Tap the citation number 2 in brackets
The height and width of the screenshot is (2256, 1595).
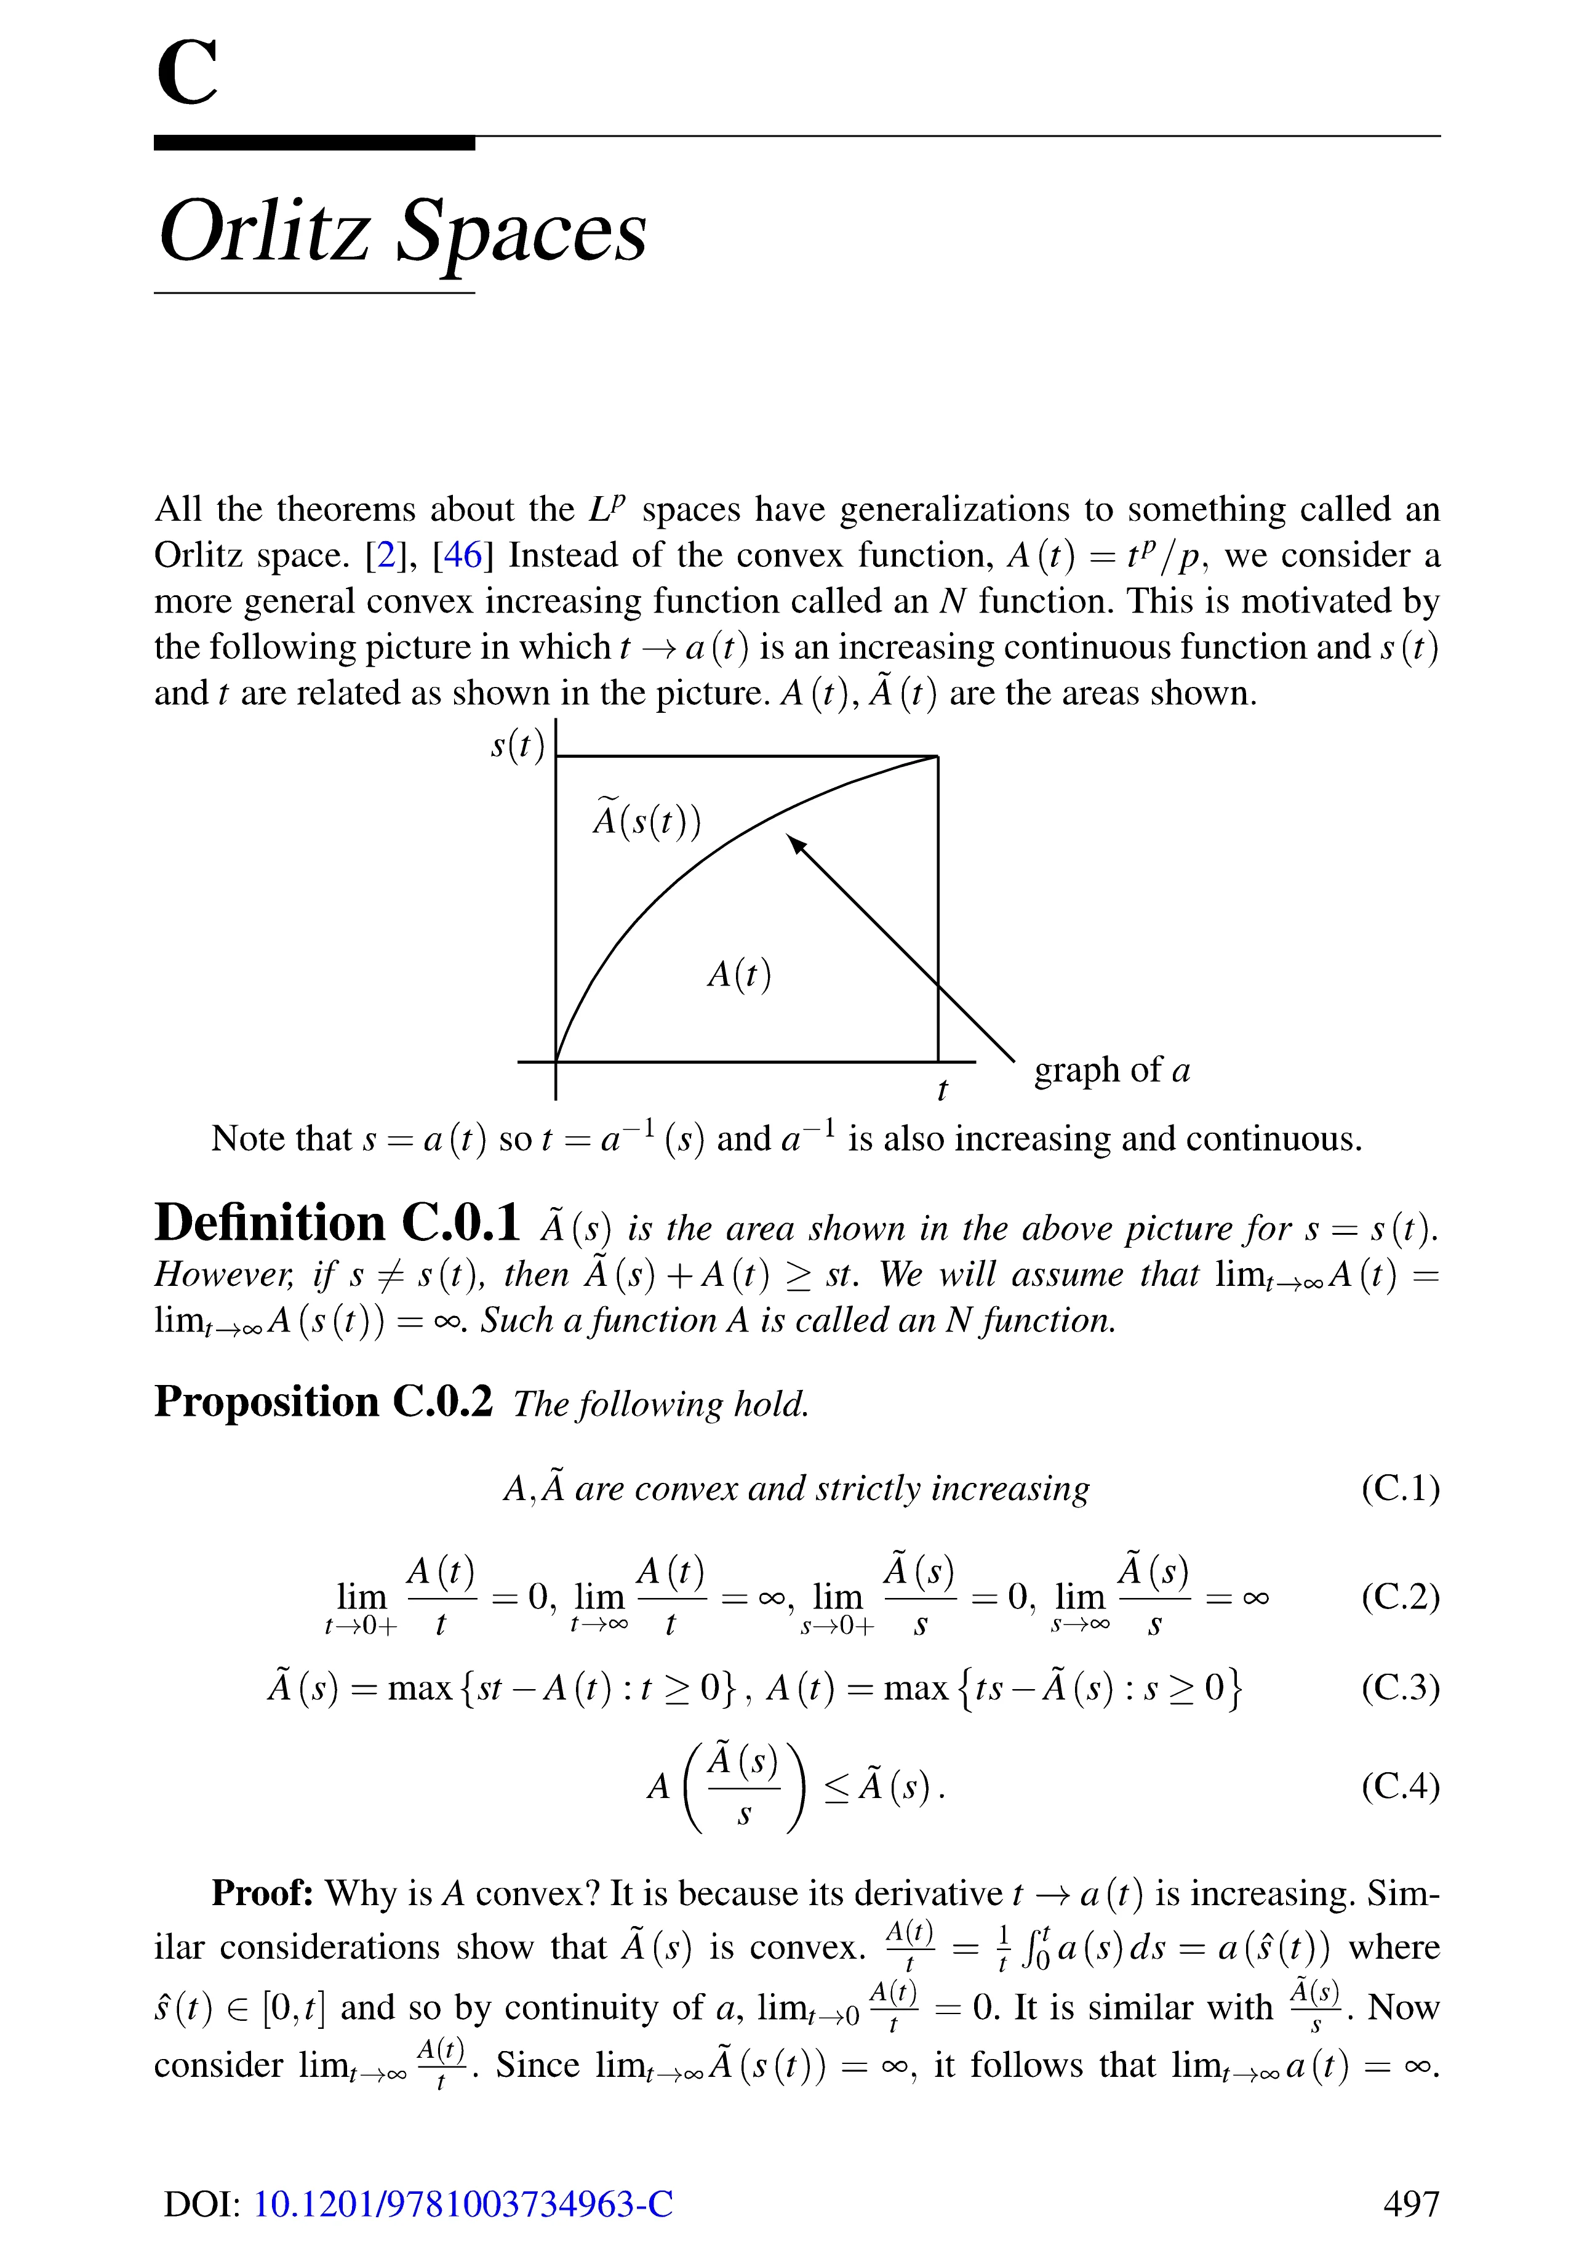click(386, 556)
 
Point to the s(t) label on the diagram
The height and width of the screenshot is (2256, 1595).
click(517, 746)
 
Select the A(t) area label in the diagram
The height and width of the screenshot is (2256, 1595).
click(738, 974)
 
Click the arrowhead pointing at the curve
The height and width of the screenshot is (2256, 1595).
click(796, 844)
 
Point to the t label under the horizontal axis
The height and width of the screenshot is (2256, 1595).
click(942, 1090)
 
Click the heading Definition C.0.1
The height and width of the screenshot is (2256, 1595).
click(337, 1223)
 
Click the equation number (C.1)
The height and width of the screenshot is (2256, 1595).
click(1399, 1488)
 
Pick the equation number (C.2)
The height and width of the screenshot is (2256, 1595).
click(1399, 1597)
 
